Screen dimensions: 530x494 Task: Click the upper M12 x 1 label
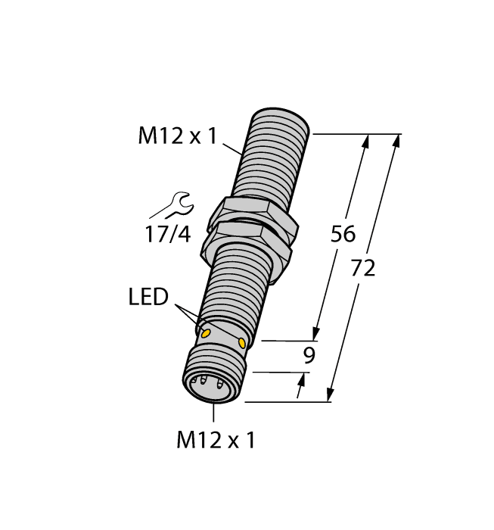click(x=177, y=136)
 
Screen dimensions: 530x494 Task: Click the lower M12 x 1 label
click(x=216, y=440)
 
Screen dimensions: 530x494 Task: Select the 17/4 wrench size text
click(x=167, y=235)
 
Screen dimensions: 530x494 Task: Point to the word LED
click(x=148, y=298)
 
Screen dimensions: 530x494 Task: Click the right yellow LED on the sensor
click(x=242, y=343)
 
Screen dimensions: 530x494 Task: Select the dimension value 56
click(x=343, y=235)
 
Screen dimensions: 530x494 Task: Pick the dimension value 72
click(x=363, y=268)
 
